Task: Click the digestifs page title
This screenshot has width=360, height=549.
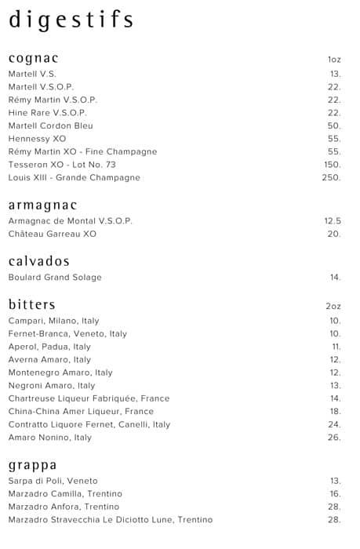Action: (x=71, y=20)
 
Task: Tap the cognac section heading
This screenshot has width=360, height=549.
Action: (x=34, y=59)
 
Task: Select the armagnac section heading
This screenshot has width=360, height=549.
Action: (x=42, y=205)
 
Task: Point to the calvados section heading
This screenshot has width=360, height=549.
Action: (x=39, y=261)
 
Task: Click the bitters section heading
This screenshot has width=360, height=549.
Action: (x=31, y=304)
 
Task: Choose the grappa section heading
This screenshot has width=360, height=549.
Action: (x=32, y=464)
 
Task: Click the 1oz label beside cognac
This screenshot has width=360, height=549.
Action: (x=334, y=60)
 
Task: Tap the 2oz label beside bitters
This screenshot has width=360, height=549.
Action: (x=333, y=305)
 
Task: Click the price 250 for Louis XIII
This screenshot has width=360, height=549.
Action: (x=332, y=178)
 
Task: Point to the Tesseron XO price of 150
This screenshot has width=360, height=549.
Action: (x=333, y=165)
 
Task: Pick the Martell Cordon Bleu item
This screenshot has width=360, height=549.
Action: (x=50, y=125)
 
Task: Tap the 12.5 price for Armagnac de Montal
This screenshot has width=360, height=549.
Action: (x=333, y=221)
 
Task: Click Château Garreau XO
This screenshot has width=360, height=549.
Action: (x=53, y=234)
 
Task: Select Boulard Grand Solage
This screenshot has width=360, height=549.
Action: (x=55, y=278)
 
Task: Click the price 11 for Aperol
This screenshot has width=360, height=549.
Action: (x=336, y=347)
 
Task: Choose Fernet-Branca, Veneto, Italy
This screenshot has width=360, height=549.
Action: (x=67, y=334)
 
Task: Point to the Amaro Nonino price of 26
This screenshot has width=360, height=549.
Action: (x=335, y=438)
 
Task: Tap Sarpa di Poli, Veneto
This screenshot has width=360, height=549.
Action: (x=53, y=481)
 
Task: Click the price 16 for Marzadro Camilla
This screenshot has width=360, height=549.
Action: (x=335, y=494)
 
